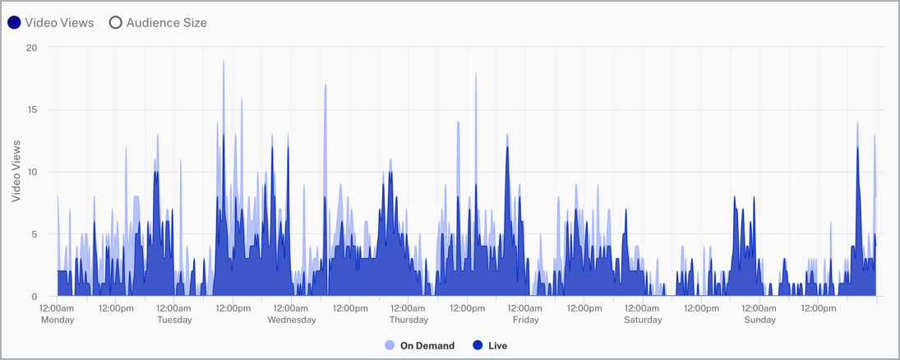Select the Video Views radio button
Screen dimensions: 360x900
pos(14,23)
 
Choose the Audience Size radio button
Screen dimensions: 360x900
pos(116,23)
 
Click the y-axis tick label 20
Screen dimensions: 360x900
pos(32,48)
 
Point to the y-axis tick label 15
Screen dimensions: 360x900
pos(32,110)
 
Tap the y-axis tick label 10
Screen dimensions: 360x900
pos(32,172)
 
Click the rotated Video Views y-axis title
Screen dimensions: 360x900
pos(16,171)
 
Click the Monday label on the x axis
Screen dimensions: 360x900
pos(58,320)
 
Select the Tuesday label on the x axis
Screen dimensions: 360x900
pos(174,320)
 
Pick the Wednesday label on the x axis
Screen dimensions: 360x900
pos(291,320)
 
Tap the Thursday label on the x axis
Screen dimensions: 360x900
pos(408,320)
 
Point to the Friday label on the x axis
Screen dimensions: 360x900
pos(525,320)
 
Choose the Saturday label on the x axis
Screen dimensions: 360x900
pos(642,320)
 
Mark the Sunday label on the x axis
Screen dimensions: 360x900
pos(759,320)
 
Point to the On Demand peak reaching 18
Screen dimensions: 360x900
pos(475,73)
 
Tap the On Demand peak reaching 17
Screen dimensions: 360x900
pos(325,85)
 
